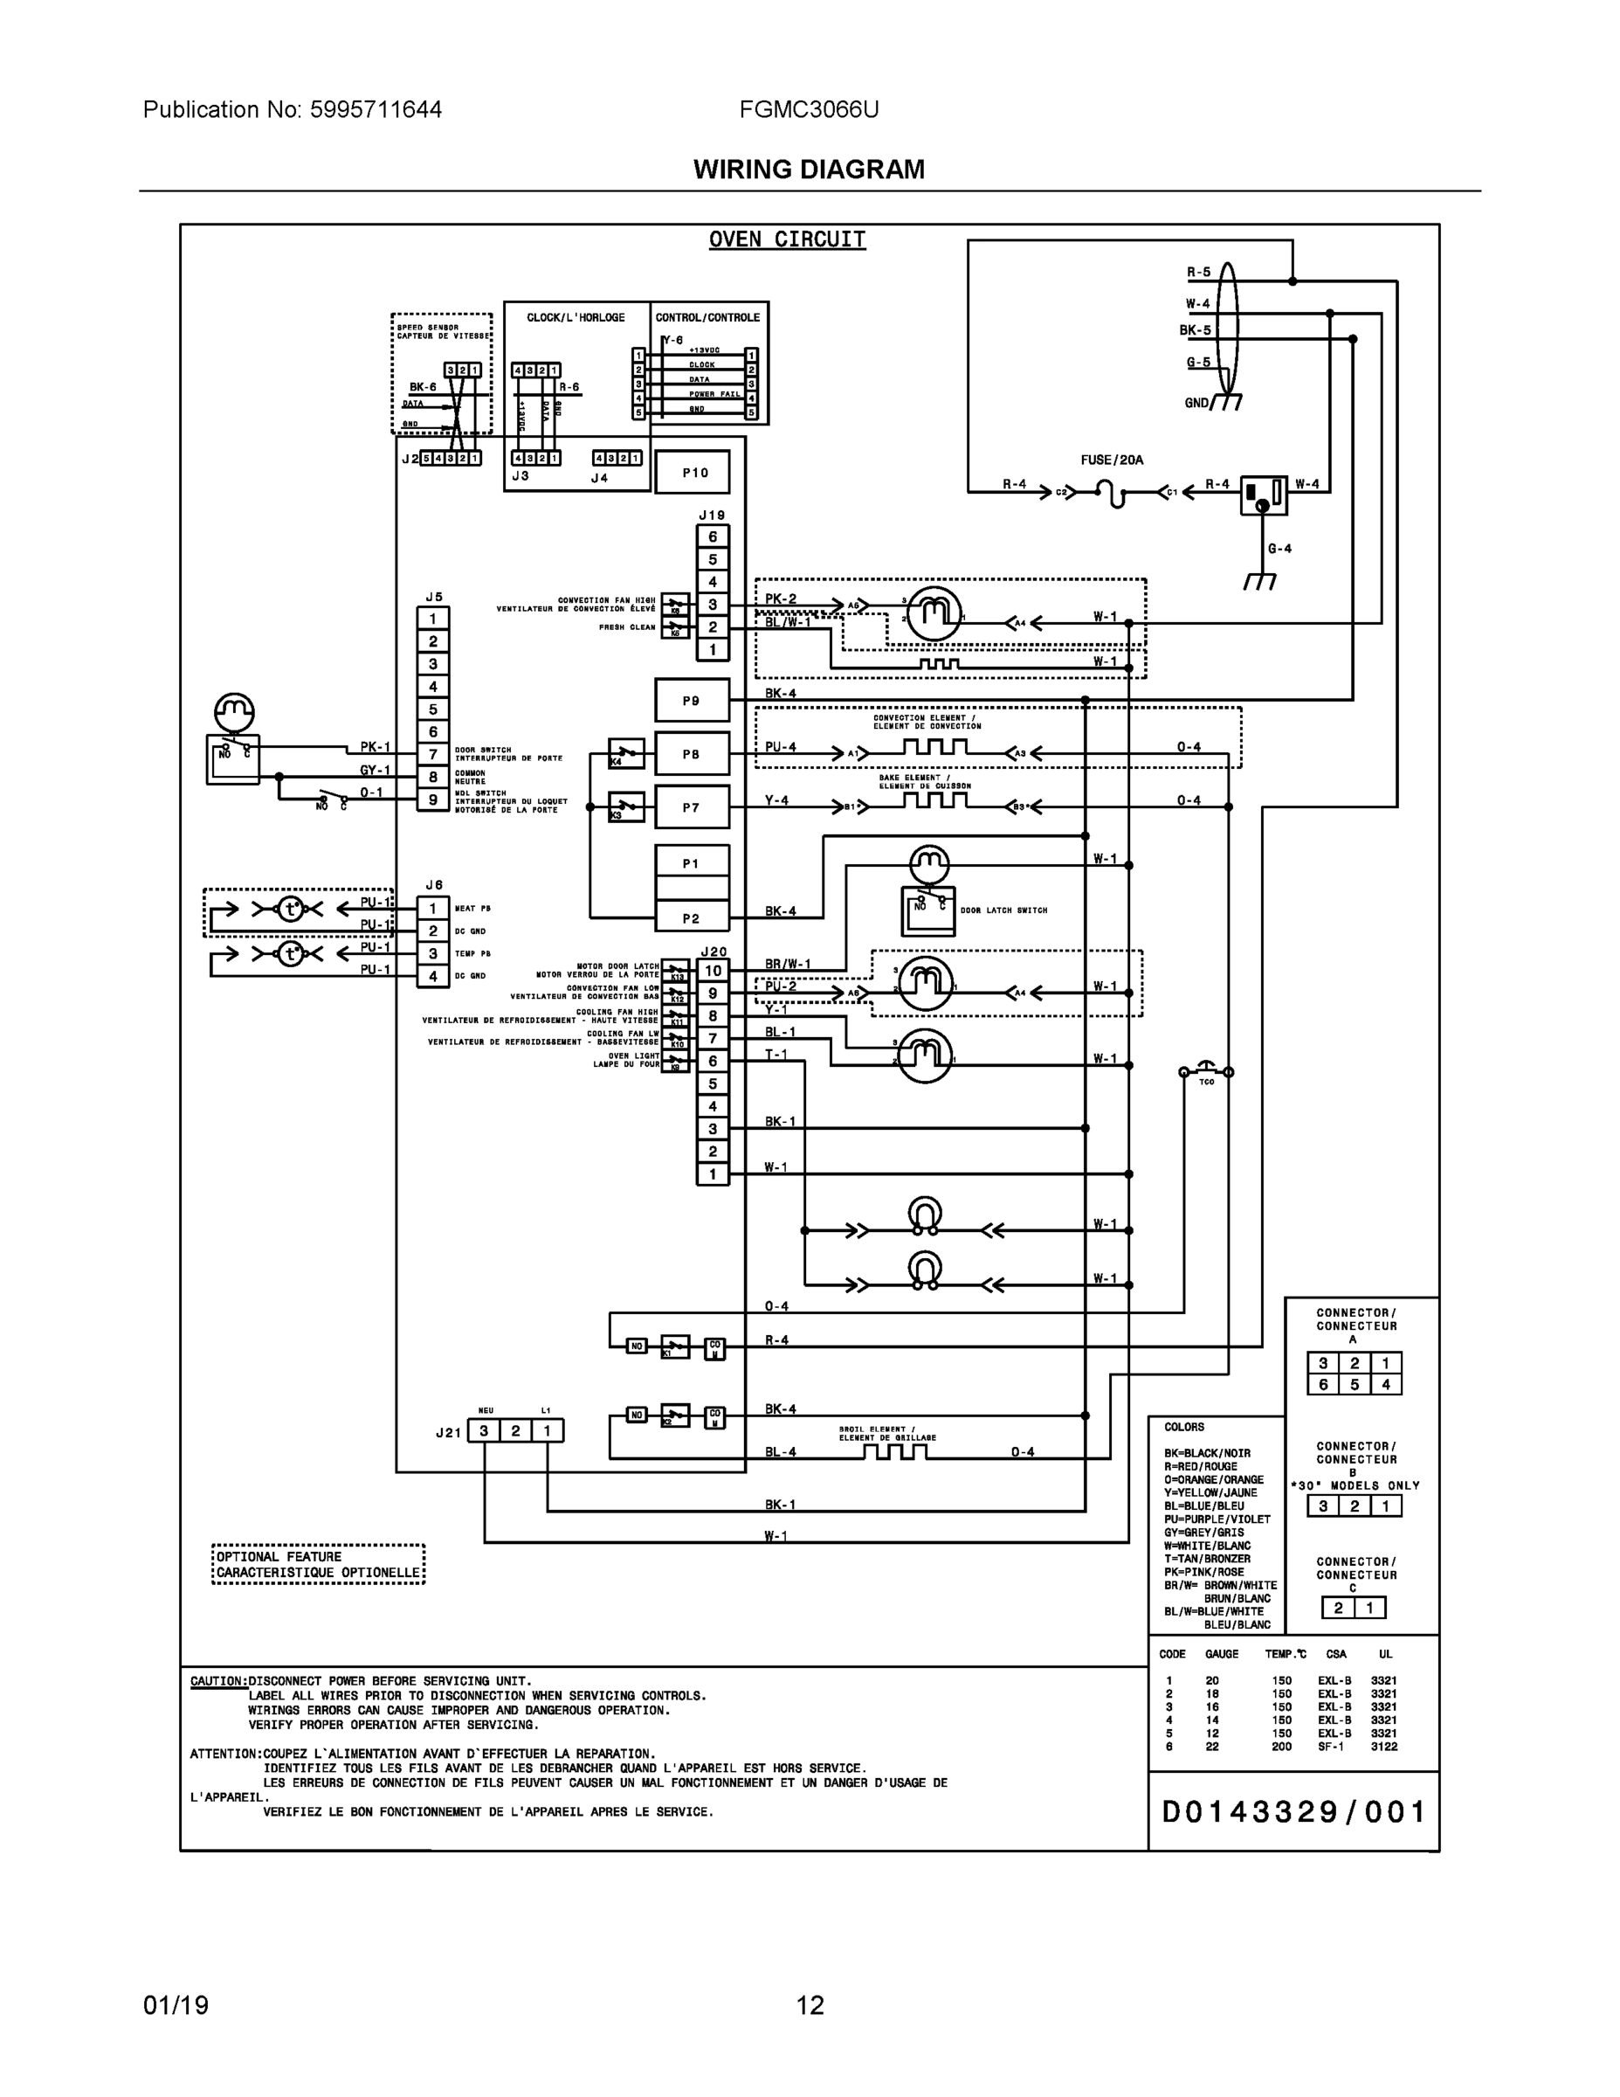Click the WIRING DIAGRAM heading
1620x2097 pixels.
809,170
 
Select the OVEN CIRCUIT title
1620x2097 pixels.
787,239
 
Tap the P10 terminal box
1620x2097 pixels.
693,474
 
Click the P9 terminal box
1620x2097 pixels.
692,701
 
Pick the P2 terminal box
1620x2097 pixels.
692,919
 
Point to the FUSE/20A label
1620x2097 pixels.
1112,460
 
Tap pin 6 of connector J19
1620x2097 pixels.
712,536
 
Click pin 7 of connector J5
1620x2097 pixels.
433,755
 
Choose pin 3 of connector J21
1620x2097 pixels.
485,1431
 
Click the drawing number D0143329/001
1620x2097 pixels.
1293,1812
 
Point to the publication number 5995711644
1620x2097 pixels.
376,109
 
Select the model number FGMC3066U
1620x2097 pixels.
809,109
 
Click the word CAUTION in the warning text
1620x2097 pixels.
217,1681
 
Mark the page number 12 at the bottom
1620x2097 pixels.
809,2006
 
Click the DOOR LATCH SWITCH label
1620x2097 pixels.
1003,910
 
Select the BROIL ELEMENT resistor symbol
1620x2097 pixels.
894,1453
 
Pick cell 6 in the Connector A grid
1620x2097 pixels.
1322,1385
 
